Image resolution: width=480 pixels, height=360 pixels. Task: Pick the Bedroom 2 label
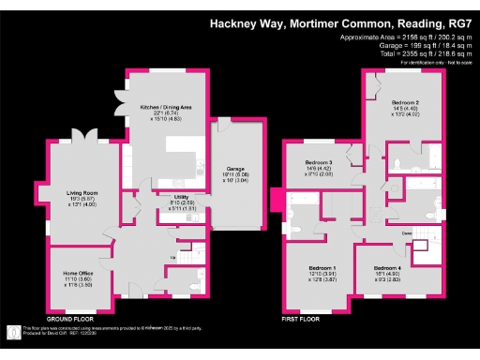(404, 101)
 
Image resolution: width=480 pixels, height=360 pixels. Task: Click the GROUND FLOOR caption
(73, 320)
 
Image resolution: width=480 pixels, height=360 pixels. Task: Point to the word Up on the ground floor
(172, 257)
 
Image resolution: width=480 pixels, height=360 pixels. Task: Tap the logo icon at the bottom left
(11, 331)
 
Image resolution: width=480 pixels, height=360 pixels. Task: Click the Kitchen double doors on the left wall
(118, 101)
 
